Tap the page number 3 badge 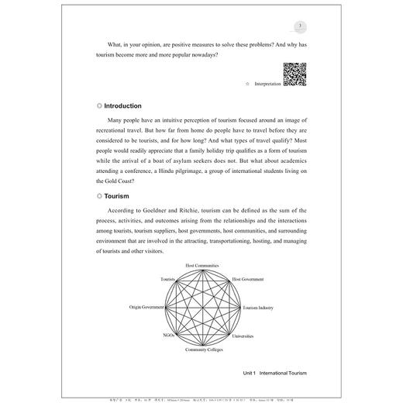(x=288, y=23)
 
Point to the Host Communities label (x=201, y=265)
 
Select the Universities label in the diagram (x=247, y=336)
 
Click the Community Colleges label (x=201, y=350)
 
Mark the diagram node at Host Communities (x=201, y=270)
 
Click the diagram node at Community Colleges (x=201, y=345)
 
